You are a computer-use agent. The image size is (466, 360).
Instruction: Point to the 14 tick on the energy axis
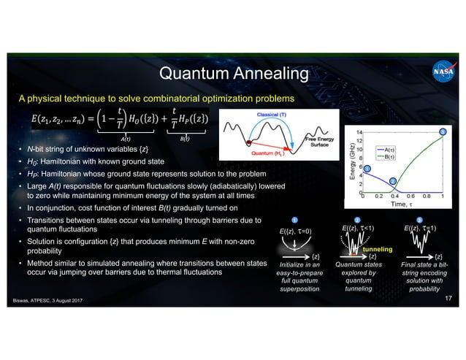357,131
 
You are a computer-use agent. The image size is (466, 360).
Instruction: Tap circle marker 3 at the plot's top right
442,131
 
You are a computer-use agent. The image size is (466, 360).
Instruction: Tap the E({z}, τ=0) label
295,231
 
